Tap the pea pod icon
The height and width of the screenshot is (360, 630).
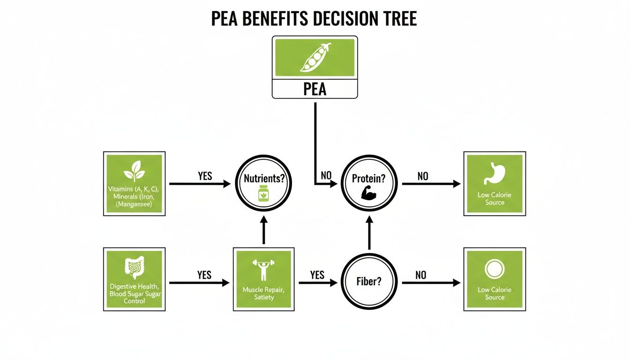click(315, 58)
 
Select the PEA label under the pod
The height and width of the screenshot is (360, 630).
click(315, 89)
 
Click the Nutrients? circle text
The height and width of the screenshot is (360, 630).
click(264, 179)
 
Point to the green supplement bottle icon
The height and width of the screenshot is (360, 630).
click(263, 194)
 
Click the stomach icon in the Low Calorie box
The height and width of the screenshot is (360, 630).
click(495, 173)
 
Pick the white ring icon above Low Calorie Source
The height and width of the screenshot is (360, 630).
click(495, 270)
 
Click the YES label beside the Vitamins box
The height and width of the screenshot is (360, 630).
click(205, 176)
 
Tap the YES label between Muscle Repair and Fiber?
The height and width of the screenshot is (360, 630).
click(317, 275)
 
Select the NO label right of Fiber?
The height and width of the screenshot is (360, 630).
click(420, 275)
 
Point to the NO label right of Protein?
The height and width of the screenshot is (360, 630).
click(422, 176)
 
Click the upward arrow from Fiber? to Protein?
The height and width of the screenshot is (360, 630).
click(369, 234)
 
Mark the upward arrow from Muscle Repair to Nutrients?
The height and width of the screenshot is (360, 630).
click(263, 231)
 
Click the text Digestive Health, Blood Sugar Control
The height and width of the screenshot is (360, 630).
click(134, 293)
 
